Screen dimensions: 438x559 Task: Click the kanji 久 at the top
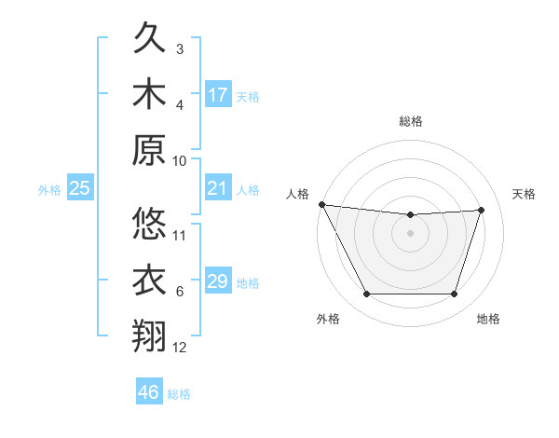(x=150, y=39)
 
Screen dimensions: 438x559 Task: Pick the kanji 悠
(x=150, y=224)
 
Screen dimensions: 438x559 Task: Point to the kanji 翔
(x=150, y=335)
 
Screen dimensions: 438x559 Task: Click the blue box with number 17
(x=218, y=95)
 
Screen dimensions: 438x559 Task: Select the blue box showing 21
(x=218, y=188)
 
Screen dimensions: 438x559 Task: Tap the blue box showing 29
(x=218, y=281)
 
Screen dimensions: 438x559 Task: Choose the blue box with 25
(x=80, y=188)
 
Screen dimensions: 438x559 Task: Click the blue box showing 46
(x=149, y=392)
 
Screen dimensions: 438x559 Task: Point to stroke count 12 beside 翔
(x=180, y=348)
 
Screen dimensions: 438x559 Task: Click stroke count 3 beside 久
(x=180, y=48)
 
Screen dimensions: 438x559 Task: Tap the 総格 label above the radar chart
(x=410, y=121)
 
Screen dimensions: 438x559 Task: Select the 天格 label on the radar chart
(x=525, y=194)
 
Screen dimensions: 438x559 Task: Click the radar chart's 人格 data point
(x=321, y=204)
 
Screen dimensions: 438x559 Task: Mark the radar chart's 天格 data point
(x=482, y=210)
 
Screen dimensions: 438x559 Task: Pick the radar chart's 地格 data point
(x=454, y=294)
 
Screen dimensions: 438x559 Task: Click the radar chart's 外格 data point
(x=366, y=294)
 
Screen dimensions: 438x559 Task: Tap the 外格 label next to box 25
(x=49, y=190)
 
